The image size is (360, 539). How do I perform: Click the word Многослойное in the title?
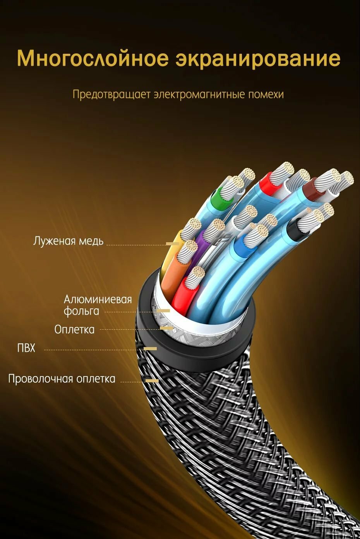pos(93,58)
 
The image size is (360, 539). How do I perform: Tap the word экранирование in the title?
pos(258,58)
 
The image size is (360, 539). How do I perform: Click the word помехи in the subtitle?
pos(266,94)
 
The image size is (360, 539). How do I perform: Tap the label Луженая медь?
pos(68,241)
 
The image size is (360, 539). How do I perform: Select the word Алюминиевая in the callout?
pos(98,299)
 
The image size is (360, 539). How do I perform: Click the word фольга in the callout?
pos(81,311)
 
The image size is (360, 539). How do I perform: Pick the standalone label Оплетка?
pos(74,329)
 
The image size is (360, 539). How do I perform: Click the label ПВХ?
pos(26,348)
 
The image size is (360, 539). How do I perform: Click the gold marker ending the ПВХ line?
pos(151,349)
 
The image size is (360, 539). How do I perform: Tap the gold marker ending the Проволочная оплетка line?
pos(152,381)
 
